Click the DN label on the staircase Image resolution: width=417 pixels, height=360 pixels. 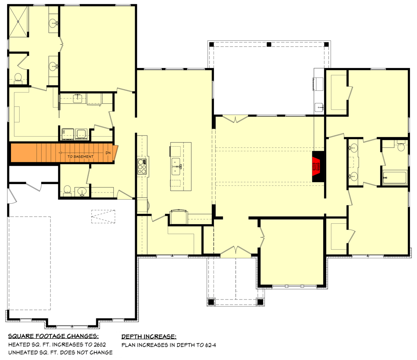coord(108,153)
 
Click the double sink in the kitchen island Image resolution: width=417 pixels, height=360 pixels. coord(176,165)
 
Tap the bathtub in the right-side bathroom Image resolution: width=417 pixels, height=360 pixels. coord(394,177)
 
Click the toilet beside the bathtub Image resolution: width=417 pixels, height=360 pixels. coord(401,146)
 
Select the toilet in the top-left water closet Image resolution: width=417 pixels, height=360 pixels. coord(18,77)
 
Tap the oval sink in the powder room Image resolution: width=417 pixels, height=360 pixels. coord(82,191)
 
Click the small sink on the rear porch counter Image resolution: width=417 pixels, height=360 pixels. coord(319,107)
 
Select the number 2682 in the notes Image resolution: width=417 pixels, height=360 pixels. coord(100,345)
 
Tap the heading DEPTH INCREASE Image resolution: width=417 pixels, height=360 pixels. coord(149,336)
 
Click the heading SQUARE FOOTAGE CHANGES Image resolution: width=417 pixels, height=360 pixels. coord(53,336)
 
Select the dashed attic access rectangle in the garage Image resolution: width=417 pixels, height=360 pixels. coord(103,217)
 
